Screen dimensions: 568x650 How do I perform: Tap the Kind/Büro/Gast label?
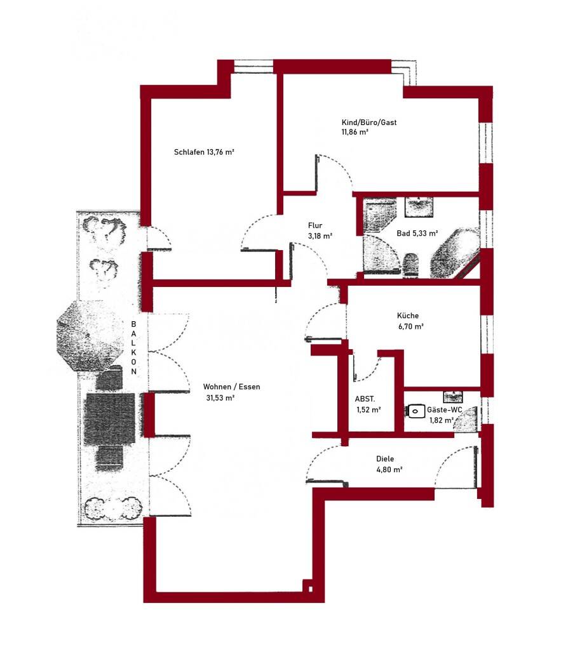tap(369, 123)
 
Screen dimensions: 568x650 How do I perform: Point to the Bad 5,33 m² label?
tap(417, 234)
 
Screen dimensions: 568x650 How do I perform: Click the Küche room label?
tap(408, 315)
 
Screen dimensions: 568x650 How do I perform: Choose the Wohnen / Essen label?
tap(231, 387)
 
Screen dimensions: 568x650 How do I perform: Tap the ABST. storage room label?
tap(365, 399)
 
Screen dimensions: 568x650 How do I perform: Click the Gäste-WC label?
tap(444, 410)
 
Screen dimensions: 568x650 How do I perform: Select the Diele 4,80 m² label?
tap(386, 458)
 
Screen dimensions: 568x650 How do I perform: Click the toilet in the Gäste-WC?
tap(416, 411)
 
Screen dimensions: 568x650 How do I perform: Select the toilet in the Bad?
tap(411, 263)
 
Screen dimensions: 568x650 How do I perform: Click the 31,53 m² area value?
tap(220, 398)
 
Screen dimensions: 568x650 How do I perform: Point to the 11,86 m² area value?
tap(355, 133)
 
